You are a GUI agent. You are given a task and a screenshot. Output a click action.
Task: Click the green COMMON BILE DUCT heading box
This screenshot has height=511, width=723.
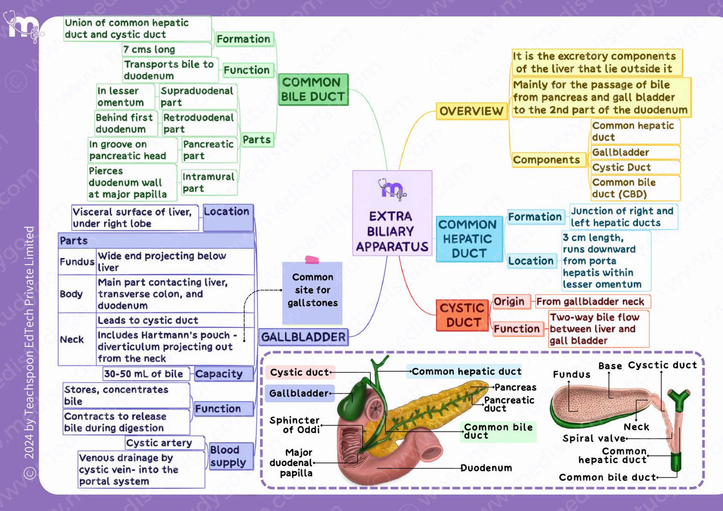click(313, 90)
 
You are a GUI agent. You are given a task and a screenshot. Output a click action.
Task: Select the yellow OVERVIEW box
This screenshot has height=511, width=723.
click(471, 111)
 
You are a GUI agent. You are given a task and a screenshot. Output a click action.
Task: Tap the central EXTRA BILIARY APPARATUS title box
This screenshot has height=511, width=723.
click(392, 213)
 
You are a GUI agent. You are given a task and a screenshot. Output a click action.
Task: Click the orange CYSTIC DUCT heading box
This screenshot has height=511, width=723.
click(462, 315)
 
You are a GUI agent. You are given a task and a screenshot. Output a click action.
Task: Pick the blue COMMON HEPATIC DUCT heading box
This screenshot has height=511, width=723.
click(469, 238)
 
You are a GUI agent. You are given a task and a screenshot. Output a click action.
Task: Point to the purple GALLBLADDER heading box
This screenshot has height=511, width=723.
click(304, 337)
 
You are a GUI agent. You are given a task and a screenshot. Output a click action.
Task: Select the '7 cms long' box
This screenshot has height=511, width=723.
click(167, 50)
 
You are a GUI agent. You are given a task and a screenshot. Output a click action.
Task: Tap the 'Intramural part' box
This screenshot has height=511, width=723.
click(209, 183)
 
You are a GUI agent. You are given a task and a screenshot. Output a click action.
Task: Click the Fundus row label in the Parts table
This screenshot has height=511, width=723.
click(77, 261)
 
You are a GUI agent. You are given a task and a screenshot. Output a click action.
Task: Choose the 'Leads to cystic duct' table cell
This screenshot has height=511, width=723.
click(175, 320)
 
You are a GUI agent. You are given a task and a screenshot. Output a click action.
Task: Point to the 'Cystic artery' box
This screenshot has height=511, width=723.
click(165, 443)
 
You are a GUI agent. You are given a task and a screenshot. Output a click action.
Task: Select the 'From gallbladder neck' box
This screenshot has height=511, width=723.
click(593, 301)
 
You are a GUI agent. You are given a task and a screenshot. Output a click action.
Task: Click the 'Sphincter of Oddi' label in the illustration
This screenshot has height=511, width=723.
click(295, 425)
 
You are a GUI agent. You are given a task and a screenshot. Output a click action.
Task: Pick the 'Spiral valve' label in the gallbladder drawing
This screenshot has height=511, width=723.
click(594, 438)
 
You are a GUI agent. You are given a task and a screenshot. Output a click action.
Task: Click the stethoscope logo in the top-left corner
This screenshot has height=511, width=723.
click(23, 26)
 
